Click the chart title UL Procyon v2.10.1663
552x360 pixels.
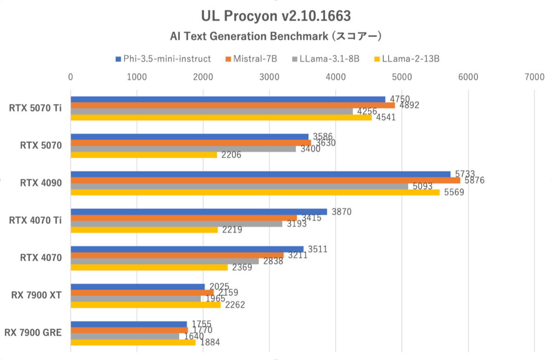pyautogui.click(x=276, y=16)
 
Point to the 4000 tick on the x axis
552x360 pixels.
pyautogui.click(x=335, y=77)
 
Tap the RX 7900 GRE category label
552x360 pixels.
pyautogui.click(x=33, y=332)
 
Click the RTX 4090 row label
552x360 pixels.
pyautogui.click(x=41, y=183)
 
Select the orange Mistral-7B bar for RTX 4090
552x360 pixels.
pyautogui.click(x=265, y=180)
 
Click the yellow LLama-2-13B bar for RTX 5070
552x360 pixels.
pyautogui.click(x=144, y=155)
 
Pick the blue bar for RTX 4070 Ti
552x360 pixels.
pyautogui.click(x=199, y=212)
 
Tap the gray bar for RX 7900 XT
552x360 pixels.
pyautogui.click(x=136, y=299)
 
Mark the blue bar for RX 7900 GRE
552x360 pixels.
pyautogui.click(x=129, y=324)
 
